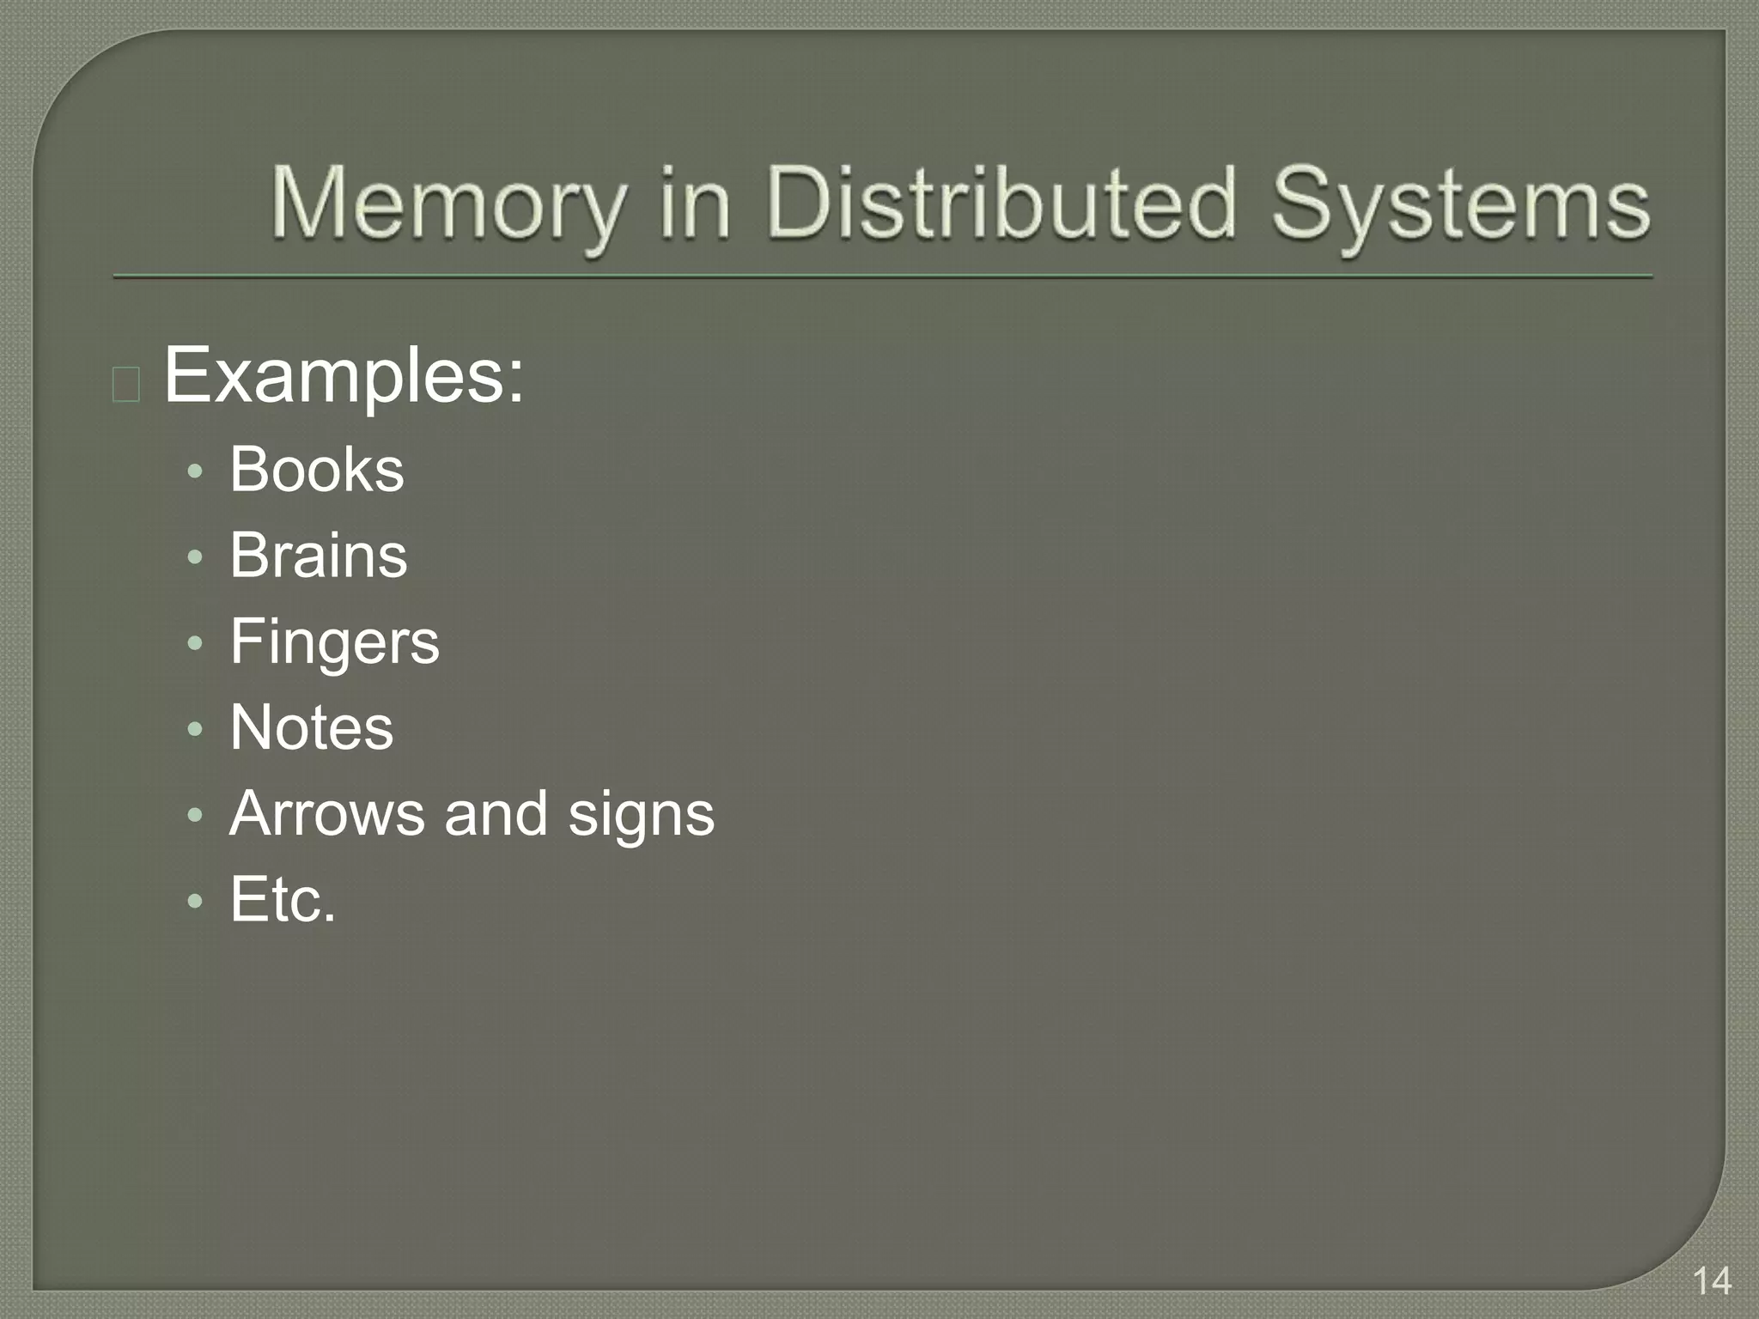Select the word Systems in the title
(x=1460, y=206)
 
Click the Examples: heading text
(x=344, y=376)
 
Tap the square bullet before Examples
(x=126, y=385)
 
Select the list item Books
(x=317, y=470)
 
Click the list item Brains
(x=319, y=556)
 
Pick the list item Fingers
(x=334, y=642)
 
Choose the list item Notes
(x=312, y=727)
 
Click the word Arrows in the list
(x=326, y=813)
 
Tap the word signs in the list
(x=641, y=815)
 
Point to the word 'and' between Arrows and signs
(x=496, y=813)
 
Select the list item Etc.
(x=283, y=899)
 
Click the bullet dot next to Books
(x=196, y=471)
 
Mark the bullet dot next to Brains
(x=196, y=557)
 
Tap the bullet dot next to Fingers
(x=196, y=643)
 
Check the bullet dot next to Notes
(x=196, y=729)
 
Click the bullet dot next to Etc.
(x=196, y=901)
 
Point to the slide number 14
(x=1712, y=1281)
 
